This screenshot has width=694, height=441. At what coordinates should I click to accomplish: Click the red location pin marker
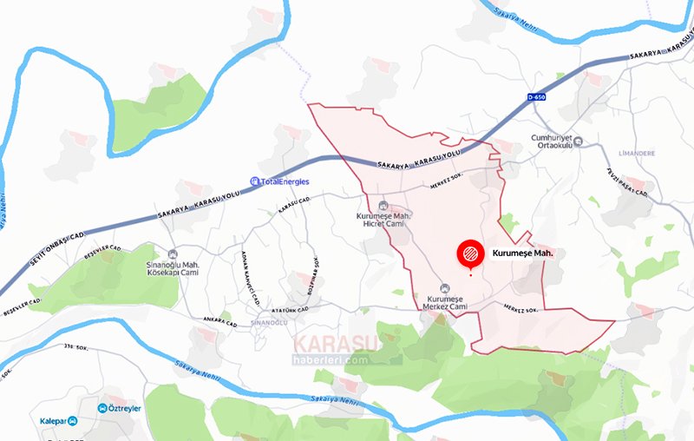pyautogui.click(x=469, y=254)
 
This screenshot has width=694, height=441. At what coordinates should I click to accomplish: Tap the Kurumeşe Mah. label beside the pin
pyautogui.click(x=522, y=253)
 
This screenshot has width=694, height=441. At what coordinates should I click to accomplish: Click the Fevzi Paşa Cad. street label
pyautogui.click(x=631, y=182)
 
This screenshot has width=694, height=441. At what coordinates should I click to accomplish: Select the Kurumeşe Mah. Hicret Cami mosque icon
pyautogui.click(x=383, y=205)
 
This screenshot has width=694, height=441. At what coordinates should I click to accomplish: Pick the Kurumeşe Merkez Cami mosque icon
pyautogui.click(x=445, y=289)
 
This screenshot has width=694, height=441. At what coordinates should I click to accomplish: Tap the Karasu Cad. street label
pyautogui.click(x=293, y=206)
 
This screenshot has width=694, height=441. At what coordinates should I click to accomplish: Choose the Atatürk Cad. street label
pyautogui.click(x=291, y=309)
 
